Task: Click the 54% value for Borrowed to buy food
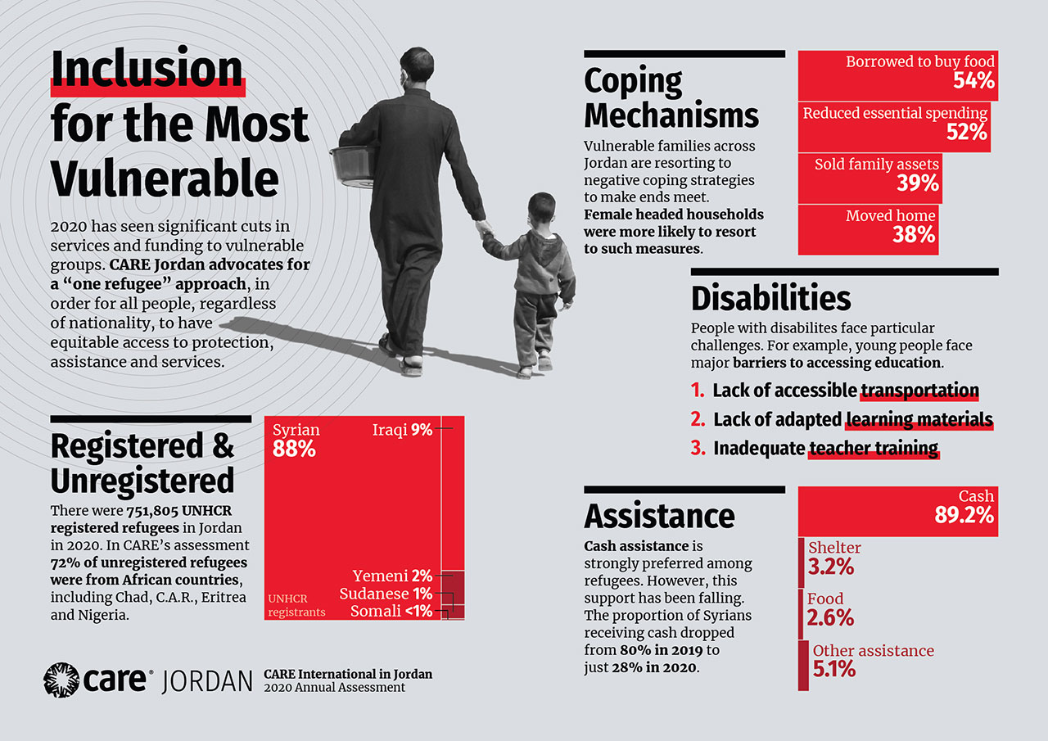[x=973, y=80]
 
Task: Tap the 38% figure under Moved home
[x=914, y=235]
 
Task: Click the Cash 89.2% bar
[x=897, y=511]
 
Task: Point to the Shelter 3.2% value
[x=831, y=566]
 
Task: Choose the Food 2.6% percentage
[x=830, y=617]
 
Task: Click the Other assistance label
[x=873, y=651]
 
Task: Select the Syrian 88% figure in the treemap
[x=294, y=449]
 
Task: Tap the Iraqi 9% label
[x=402, y=430]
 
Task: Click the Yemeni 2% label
[x=392, y=576]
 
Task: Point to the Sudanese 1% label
[x=386, y=594]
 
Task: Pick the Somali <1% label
[x=391, y=611]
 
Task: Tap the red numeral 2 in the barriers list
[x=698, y=419]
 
